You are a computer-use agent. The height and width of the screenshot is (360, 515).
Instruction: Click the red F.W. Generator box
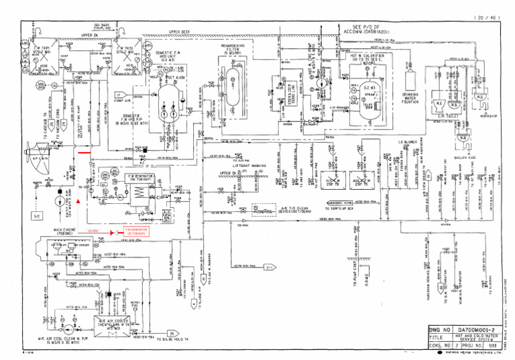tap(137, 231)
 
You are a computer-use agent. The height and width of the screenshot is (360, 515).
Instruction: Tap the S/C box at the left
tap(37, 216)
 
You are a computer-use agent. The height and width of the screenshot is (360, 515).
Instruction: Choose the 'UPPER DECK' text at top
tap(180, 32)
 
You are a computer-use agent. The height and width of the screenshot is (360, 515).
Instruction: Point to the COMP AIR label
tap(119, 96)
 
